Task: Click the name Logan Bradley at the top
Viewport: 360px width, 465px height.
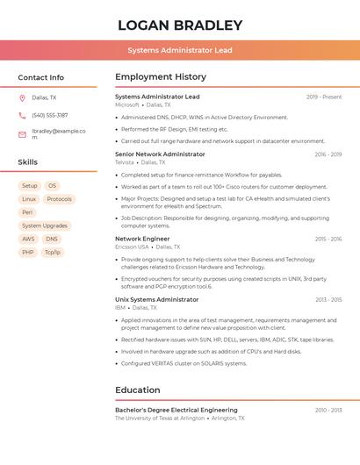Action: [180, 25]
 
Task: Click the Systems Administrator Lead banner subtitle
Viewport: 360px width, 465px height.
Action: [180, 50]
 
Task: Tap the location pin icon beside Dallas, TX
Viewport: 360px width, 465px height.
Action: [22, 97]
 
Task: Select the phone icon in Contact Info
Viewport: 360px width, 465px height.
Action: [22, 115]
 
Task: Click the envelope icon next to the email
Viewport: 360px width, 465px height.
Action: [22, 134]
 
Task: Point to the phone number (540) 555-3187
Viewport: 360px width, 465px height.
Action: [49, 115]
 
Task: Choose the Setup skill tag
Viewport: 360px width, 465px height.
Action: [30, 186]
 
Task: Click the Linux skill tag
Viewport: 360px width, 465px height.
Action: [29, 199]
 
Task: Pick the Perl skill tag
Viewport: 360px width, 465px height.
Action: [27, 212]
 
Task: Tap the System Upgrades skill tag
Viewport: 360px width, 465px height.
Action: [45, 225]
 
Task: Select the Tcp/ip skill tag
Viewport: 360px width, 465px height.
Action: [53, 252]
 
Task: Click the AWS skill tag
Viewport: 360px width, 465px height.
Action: [28, 239]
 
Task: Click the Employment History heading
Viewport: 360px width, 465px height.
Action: [161, 77]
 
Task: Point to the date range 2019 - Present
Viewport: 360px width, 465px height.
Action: [324, 97]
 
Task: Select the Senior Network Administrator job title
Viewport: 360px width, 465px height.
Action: [160, 154]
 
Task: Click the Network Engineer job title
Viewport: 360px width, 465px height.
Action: [142, 239]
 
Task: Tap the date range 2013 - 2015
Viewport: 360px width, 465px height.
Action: [328, 300]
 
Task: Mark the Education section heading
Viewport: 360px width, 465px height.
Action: [138, 390]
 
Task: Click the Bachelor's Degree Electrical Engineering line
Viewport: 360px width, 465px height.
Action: [176, 410]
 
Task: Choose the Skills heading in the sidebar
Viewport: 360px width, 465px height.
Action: [28, 162]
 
